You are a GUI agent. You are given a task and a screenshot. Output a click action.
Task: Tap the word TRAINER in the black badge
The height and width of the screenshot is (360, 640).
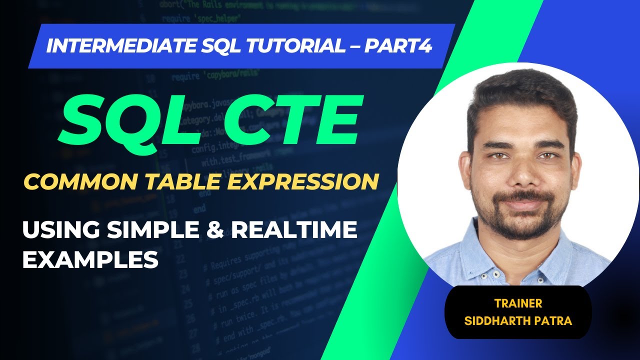point(518,303)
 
